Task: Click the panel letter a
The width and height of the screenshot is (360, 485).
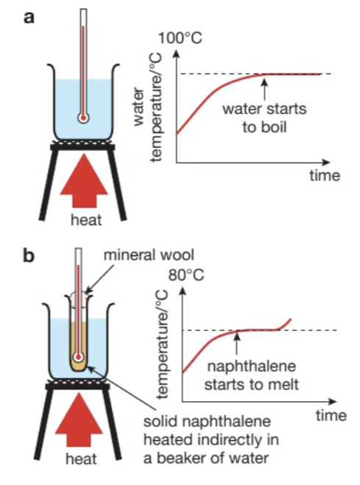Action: click(30, 18)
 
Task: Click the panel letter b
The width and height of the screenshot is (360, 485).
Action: click(30, 258)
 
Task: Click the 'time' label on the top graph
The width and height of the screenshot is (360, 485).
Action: click(324, 175)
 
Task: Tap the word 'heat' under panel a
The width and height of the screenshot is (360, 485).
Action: click(82, 219)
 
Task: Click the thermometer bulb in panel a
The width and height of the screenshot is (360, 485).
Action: click(82, 116)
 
